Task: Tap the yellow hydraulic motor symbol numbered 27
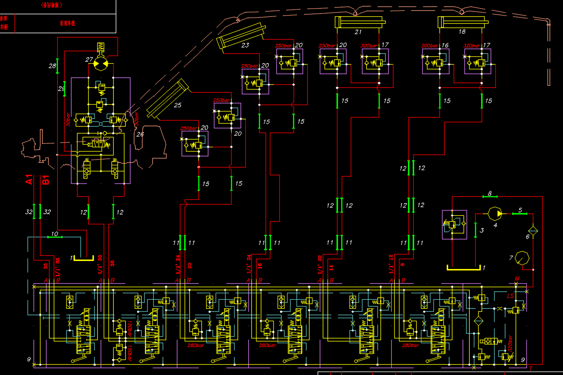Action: pos(101,64)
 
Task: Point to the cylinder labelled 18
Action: pos(462,22)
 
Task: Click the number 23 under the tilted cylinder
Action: pos(245,45)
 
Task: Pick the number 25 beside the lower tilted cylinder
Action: pos(178,105)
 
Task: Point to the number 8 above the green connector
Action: pos(489,194)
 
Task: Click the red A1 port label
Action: pos(29,180)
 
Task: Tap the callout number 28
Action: pos(52,66)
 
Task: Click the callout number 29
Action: pos(61,88)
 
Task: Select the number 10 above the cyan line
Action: pos(55,234)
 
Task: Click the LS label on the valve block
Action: pos(510,296)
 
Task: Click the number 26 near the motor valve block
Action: pos(140,134)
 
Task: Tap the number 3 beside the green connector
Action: pos(482,230)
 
